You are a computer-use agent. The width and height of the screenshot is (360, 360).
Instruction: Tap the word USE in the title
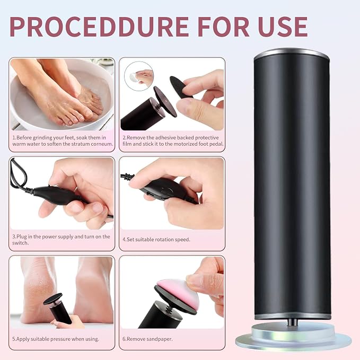[x=283, y=27]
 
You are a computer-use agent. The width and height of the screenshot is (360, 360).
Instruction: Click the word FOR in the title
[x=223, y=27]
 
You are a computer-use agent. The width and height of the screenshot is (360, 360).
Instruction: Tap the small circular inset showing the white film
[x=138, y=76]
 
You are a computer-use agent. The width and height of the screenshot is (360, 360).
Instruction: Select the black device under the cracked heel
[x=57, y=308]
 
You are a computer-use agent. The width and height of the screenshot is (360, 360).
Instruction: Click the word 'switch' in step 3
[x=20, y=243]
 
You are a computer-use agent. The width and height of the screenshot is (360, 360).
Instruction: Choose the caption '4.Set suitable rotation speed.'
[x=156, y=240]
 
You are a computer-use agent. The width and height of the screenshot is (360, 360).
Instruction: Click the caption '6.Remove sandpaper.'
[x=147, y=339]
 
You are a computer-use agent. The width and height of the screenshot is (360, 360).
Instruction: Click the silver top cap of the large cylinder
[x=292, y=54]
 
